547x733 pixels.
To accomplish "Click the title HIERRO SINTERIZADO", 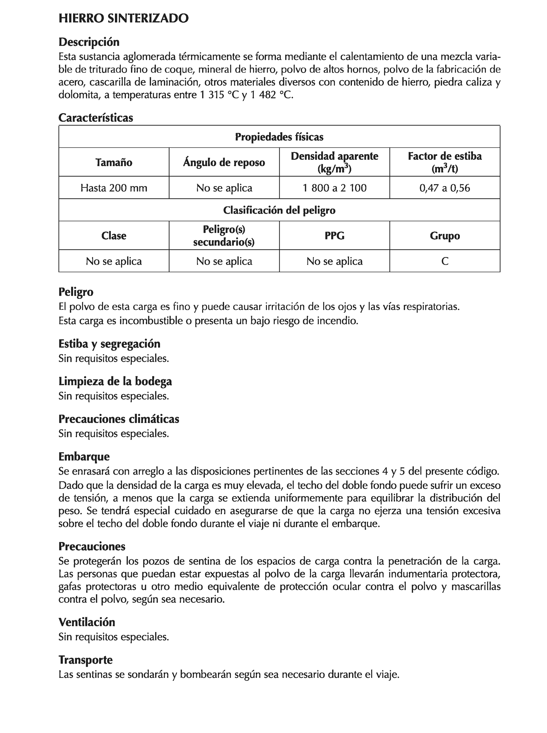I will [123, 18].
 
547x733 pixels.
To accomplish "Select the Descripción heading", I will [89, 42].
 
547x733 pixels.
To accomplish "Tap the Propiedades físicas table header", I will [279, 137].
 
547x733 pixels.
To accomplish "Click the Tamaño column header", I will [114, 162].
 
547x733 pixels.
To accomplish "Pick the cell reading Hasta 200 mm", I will [114, 188].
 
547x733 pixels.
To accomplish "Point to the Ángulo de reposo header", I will [224, 162].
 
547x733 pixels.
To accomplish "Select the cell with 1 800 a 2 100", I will [334, 188].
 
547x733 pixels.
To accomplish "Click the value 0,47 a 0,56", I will [444, 188].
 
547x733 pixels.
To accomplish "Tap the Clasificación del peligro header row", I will [279, 210].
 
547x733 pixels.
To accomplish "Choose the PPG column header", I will [334, 236].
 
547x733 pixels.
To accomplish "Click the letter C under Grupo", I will [445, 261].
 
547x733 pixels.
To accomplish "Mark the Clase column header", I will [114, 236].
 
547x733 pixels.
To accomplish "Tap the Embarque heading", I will [84, 457].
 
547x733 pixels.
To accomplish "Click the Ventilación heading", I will [87, 622].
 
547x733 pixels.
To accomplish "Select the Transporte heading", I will [85, 660].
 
